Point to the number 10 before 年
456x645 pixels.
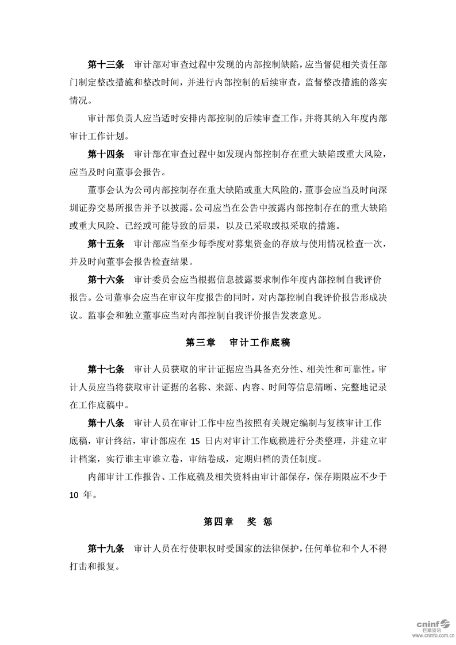point(76,494)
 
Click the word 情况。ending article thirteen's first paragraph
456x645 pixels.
point(81,101)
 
